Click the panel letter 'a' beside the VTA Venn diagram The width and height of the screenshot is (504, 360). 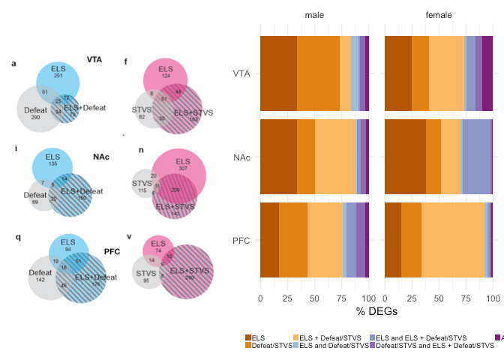[13, 64]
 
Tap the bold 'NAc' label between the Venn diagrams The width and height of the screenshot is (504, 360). [101, 157]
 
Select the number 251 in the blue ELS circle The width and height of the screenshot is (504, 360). [58, 76]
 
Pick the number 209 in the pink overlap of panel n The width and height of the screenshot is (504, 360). [175, 190]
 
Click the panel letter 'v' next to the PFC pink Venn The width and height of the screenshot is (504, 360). [129, 237]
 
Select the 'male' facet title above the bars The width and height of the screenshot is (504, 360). [313, 16]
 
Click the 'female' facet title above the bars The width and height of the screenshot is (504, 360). [439, 16]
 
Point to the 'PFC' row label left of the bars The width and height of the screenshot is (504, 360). [241, 241]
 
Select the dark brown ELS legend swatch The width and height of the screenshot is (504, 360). [248, 338]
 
